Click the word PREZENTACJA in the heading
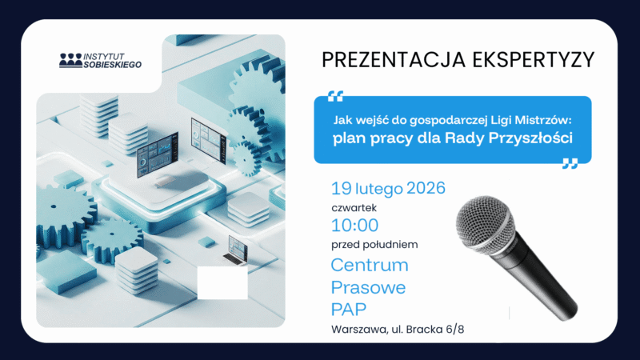pyautogui.click(x=394, y=59)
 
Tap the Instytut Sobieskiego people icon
pyautogui.click(x=70, y=61)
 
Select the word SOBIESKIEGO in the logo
pyautogui.click(x=113, y=65)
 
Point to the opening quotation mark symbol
pyautogui.click(x=335, y=96)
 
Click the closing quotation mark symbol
pyautogui.click(x=570, y=163)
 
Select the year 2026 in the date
pyautogui.click(x=426, y=188)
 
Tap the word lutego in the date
pyautogui.click(x=379, y=189)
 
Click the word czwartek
pyautogui.click(x=354, y=208)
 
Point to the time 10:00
pyautogui.click(x=354, y=226)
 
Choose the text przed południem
pyautogui.click(x=374, y=245)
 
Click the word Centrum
pyautogui.click(x=370, y=265)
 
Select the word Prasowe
pyautogui.click(x=368, y=287)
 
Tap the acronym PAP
pyautogui.click(x=349, y=310)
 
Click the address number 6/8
pyautogui.click(x=455, y=330)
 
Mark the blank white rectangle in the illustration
pyautogui.click(x=222, y=283)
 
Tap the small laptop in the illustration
pyautogui.click(x=237, y=250)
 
